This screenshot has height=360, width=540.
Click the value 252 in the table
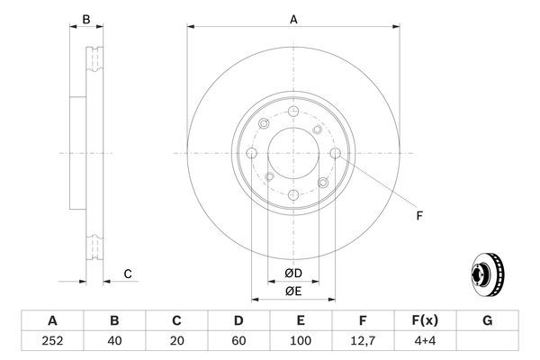pos(52,341)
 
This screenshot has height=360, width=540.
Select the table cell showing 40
pos(114,341)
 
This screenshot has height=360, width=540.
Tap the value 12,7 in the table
pos(362,341)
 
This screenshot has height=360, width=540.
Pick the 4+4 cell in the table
pos(424,341)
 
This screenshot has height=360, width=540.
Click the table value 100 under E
pos(301,341)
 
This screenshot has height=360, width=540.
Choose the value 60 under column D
pos(238,341)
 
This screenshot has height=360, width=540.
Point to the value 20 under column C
pos(176,341)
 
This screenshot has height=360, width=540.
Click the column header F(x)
pos(424,320)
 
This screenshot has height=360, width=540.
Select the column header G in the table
pos(486,320)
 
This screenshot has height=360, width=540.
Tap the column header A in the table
pos(52,320)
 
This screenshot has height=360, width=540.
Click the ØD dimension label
pos(293,274)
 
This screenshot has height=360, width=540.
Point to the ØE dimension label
pos(293,291)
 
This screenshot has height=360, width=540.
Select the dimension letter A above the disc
pos(293,18)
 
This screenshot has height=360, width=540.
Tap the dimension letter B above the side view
pos(86,19)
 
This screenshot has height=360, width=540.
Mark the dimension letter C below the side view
pos(128,274)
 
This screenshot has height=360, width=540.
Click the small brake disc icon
pos(487,274)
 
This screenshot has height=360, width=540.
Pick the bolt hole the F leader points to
pos(336,154)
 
